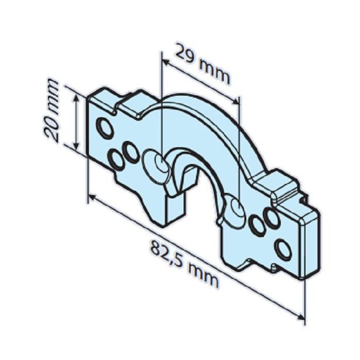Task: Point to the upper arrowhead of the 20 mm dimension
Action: (x=77, y=97)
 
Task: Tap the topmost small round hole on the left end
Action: (x=105, y=127)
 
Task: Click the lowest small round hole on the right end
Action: (x=282, y=250)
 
